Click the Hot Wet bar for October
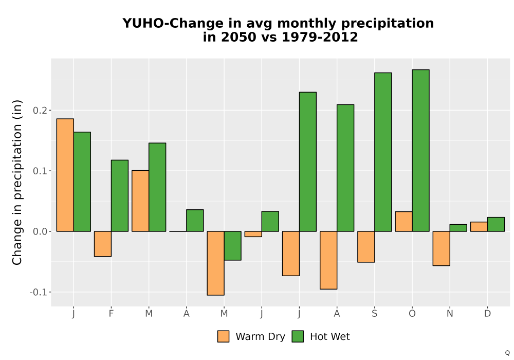[420, 151]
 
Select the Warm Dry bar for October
[403, 222]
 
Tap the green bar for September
[383, 152]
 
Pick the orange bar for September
[366, 247]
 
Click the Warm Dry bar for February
[103, 244]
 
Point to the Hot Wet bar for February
[120, 196]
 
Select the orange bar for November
[441, 248]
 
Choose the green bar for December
[496, 224]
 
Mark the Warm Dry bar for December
[479, 227]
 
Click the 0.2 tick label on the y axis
[40, 111]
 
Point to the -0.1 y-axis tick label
[39, 292]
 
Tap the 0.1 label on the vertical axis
[40, 171]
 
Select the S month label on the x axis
[374, 314]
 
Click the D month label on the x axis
[487, 314]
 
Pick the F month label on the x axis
[111, 314]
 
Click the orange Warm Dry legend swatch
[223, 336]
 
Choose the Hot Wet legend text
[330, 337]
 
